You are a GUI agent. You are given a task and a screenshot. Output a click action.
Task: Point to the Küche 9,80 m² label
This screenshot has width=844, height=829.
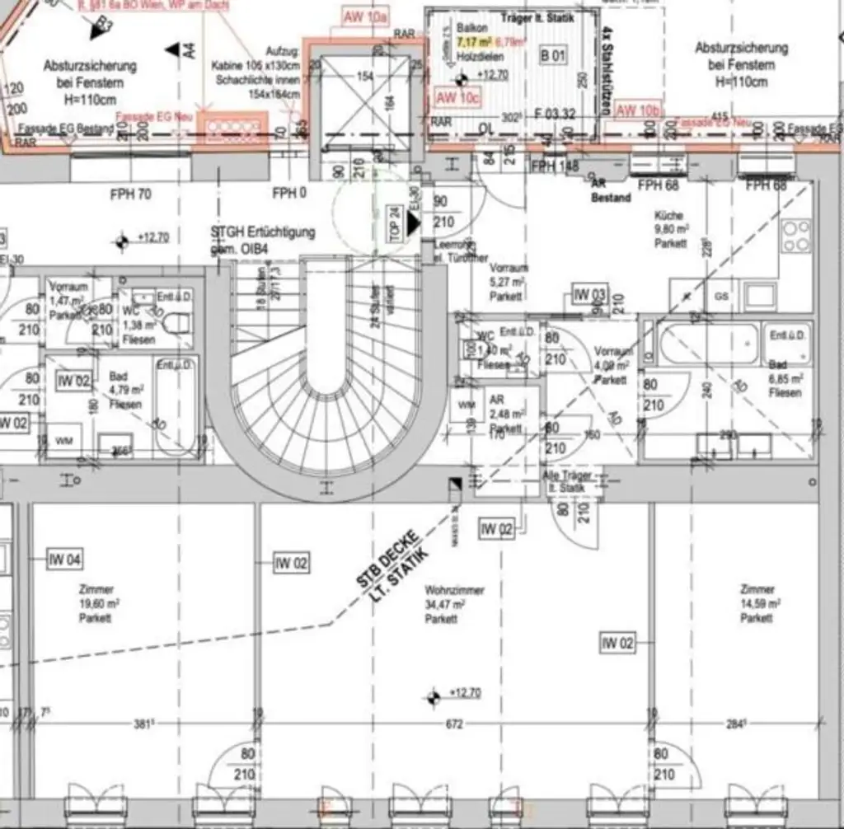670,229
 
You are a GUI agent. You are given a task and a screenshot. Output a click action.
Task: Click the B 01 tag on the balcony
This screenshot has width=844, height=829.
554,56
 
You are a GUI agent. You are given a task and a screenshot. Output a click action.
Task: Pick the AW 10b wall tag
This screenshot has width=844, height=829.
638,110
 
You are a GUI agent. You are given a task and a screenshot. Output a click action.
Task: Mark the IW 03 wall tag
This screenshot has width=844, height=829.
590,295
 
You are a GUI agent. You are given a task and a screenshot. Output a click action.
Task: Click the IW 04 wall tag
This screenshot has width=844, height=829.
64,560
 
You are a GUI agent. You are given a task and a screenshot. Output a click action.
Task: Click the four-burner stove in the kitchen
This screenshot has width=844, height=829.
796,236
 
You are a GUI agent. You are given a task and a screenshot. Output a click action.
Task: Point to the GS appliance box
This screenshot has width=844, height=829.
722,296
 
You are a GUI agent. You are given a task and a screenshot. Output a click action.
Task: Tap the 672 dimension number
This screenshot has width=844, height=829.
454,724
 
